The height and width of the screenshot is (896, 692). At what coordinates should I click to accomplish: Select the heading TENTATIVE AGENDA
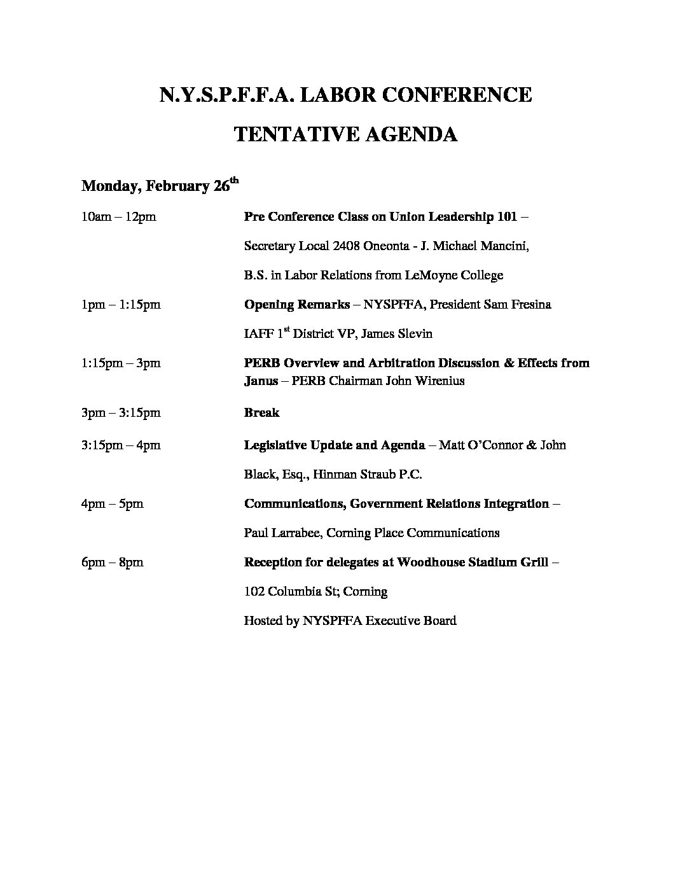tap(346, 135)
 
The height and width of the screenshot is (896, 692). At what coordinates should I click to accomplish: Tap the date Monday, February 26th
tap(160, 186)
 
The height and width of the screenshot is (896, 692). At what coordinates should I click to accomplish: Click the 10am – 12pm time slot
tap(118, 217)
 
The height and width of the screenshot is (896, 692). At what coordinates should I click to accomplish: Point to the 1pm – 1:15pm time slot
tap(121, 305)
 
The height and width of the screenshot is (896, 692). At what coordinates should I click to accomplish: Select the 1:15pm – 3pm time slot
tap(121, 363)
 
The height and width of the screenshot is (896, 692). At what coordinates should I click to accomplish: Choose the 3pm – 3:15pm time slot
tap(121, 413)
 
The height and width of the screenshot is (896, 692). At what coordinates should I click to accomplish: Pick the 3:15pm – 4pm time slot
tap(121, 445)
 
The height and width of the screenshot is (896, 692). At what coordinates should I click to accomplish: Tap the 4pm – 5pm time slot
tap(113, 504)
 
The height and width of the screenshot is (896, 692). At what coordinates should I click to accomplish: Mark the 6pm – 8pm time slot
tap(113, 563)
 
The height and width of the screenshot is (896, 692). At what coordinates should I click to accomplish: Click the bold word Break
tap(261, 413)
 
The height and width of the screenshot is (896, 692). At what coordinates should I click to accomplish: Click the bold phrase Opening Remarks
tap(296, 305)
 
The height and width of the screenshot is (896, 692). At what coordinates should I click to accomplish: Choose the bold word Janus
tap(261, 381)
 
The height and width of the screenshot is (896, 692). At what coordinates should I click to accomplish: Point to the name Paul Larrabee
tap(283, 533)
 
